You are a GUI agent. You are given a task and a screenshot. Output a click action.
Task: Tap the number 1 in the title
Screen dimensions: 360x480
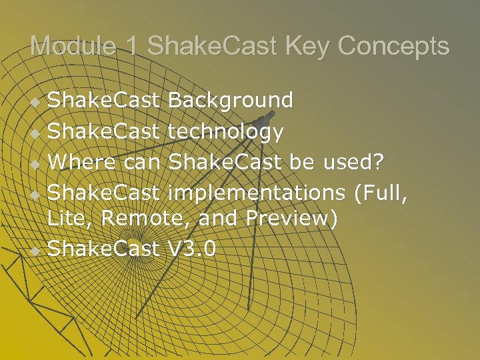click(131, 46)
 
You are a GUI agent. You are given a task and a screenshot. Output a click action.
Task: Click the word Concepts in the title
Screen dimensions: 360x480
click(394, 46)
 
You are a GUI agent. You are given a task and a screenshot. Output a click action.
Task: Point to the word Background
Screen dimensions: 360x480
click(231, 100)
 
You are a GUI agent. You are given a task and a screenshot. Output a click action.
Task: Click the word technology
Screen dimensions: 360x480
click(226, 131)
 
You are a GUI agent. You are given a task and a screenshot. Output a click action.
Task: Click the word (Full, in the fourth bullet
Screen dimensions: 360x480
click(381, 193)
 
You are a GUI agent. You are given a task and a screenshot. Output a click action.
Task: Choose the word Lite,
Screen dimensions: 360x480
click(69, 218)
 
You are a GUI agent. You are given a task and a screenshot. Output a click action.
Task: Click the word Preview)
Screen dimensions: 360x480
click(294, 218)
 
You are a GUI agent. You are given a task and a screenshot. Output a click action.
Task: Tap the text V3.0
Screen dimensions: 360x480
click(193, 249)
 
